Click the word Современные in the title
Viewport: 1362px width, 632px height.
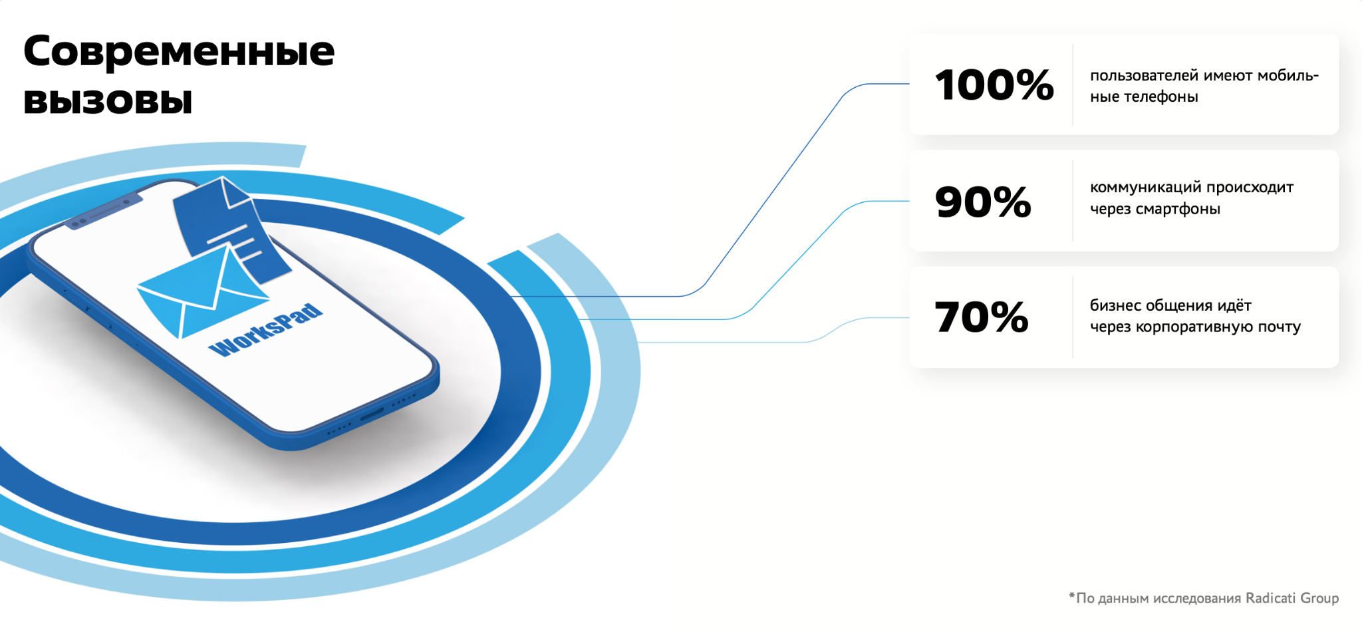(179, 52)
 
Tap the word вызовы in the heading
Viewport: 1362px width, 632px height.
(108, 101)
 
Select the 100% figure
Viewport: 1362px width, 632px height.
(994, 85)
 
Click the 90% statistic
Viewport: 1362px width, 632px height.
(983, 202)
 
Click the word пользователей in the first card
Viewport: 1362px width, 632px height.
(1144, 76)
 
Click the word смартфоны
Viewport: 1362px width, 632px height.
(1178, 210)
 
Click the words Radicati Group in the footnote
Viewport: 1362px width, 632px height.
(1292, 598)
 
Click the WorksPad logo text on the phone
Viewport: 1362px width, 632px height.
(265, 330)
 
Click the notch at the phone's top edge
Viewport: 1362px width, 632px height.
(103, 212)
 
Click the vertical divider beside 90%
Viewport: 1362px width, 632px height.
(1073, 201)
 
